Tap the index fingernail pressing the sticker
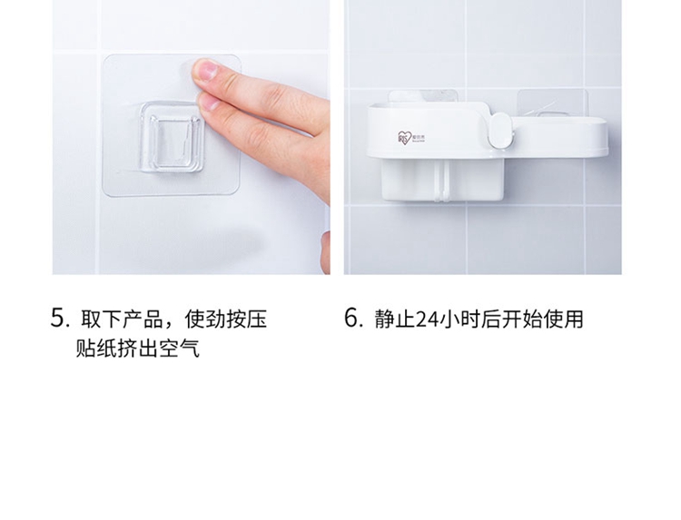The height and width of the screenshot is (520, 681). pos(206,70)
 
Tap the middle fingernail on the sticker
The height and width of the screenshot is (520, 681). pos(209,102)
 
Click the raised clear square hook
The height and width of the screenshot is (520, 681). pos(172,137)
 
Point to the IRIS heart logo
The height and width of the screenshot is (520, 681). pos(404,138)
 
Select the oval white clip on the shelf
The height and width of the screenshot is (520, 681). pos(500,130)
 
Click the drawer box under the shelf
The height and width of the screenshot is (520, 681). pos(442,180)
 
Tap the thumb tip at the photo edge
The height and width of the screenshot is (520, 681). pos(325,251)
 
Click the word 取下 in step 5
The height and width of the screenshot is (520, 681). pos(101,319)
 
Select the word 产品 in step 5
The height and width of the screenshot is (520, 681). pos(143,319)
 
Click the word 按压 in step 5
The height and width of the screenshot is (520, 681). pos(246,319)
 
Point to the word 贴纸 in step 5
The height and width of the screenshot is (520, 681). pos(96,348)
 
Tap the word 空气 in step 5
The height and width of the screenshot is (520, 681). pos(179,348)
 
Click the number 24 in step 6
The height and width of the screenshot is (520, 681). pos(427,319)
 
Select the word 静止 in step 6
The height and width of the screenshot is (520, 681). pos(395,319)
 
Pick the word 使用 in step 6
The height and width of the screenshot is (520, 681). pos(562,319)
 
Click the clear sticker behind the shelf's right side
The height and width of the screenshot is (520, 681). pos(552,103)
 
